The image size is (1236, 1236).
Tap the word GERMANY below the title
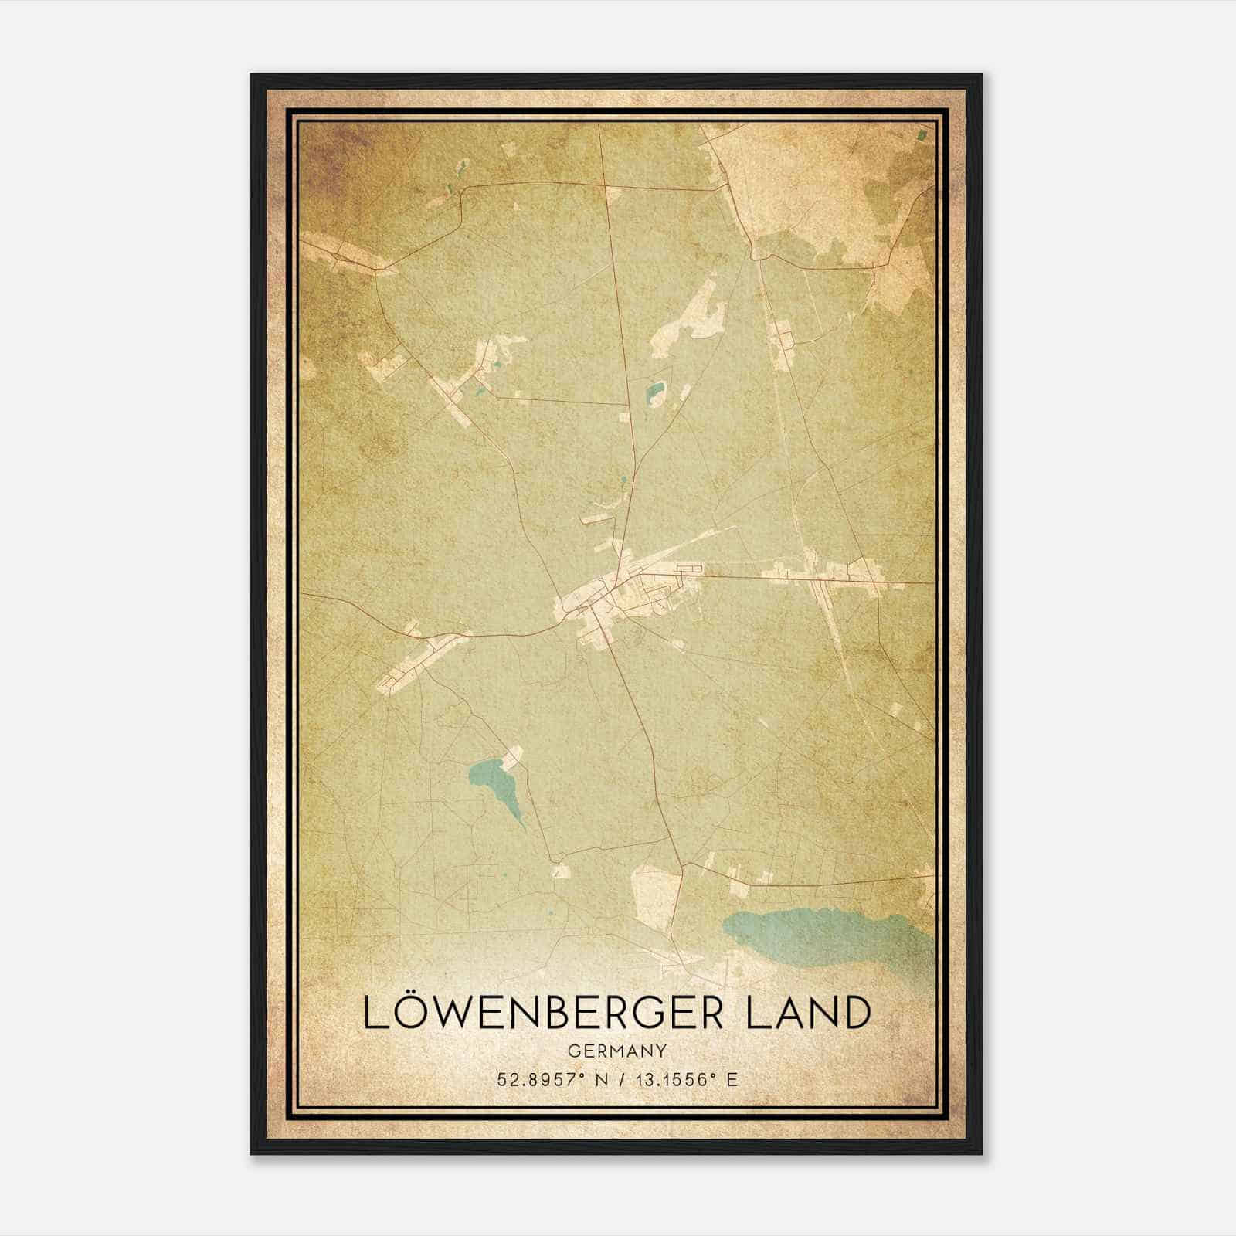[616, 1051]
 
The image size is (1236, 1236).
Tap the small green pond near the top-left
[461, 167]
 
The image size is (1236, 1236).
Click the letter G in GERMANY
[572, 1051]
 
